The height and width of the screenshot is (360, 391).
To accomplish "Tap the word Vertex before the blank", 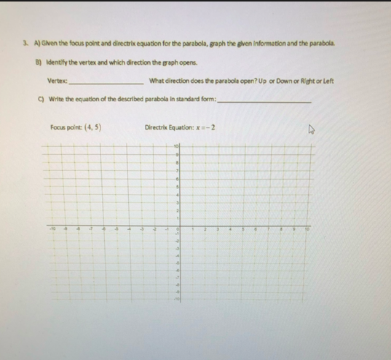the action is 57,79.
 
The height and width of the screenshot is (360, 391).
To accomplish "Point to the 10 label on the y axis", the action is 176,148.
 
